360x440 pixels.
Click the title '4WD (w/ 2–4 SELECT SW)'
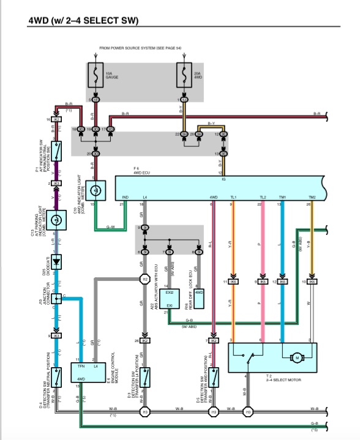pyautogui.click(x=83, y=21)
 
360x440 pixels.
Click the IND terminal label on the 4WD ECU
pyautogui.click(x=125, y=197)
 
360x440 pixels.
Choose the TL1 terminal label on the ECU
pyautogui.click(x=233, y=197)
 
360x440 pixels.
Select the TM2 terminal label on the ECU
pyautogui.click(x=312, y=197)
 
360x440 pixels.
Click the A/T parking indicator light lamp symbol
pyautogui.click(x=56, y=219)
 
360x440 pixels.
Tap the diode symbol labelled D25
pyautogui.click(x=56, y=261)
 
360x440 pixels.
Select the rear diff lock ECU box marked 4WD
pyautogui.click(x=199, y=293)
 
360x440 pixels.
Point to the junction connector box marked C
pyautogui.click(x=57, y=297)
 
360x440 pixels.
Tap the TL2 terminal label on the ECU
pyautogui.click(x=263, y=197)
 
